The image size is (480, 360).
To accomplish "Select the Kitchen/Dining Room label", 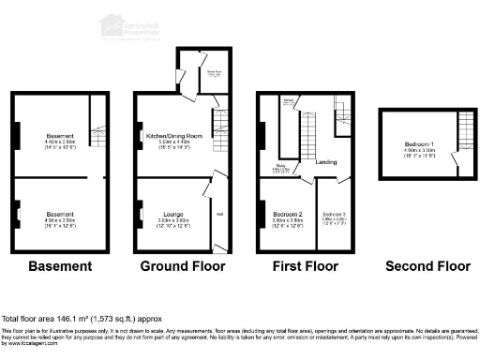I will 170,135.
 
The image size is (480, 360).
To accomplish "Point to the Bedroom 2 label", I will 287,215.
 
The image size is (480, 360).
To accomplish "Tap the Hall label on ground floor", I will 219,214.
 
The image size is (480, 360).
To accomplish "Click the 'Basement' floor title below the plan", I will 60,266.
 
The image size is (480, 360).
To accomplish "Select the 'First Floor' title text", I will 305,266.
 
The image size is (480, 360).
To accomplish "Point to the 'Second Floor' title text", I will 427,266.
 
